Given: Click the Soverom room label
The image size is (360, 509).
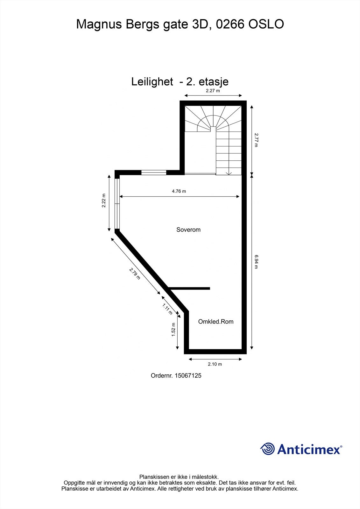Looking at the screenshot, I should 188,230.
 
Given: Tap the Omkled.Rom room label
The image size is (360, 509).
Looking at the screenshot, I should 216,322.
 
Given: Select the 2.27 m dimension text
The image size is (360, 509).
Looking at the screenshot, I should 213,91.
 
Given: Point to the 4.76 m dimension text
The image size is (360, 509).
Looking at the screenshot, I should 179,191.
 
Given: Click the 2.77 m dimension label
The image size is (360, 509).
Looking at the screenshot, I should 256,140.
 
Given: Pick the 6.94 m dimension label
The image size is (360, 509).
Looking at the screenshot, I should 256,261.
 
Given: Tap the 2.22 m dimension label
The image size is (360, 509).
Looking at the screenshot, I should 103,201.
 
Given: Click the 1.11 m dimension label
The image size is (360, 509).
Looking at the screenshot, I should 167,309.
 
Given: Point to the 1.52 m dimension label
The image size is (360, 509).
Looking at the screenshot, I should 173,330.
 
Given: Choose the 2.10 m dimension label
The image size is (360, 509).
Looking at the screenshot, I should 215,364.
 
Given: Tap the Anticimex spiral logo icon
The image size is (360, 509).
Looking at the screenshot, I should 267,449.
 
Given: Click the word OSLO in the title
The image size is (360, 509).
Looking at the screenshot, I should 266,24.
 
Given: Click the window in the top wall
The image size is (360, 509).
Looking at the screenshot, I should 154,173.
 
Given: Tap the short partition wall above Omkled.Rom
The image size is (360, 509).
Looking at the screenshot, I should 189,288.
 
